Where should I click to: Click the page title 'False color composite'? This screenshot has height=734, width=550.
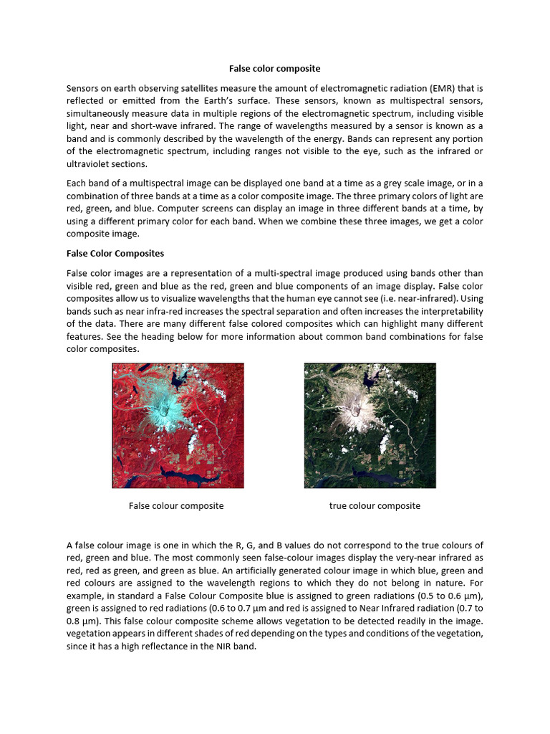coord(274,69)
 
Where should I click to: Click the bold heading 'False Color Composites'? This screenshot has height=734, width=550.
coord(115,253)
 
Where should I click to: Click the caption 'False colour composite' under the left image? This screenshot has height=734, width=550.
coord(176,506)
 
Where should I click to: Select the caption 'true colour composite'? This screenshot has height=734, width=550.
coord(375,506)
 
